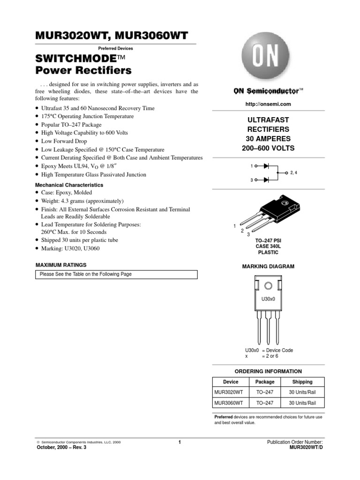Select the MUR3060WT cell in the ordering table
coord(229,403)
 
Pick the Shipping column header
coord(302,382)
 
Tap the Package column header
coord(265,382)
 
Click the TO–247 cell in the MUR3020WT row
coord(265,392)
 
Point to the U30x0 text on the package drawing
coord(268,298)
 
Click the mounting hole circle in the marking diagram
coord(268,285)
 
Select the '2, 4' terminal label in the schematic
coord(294,172)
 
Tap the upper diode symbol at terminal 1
coord(266,166)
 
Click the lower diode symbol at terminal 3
coord(266,180)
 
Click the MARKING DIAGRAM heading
coord(268,266)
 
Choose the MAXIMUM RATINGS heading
coord(61,265)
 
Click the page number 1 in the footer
coord(180,442)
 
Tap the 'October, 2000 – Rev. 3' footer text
coord(61,447)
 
